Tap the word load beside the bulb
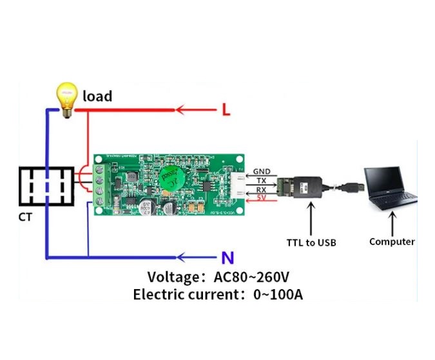[x=97, y=97]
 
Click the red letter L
[x=226, y=110]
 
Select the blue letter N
[x=227, y=259]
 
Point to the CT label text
[x=25, y=217]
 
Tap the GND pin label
[x=262, y=172]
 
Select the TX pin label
[x=262, y=181]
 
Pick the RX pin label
[x=262, y=190]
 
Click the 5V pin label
[x=262, y=198]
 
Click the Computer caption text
[x=392, y=242]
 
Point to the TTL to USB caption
[x=311, y=243]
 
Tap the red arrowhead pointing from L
[x=181, y=110]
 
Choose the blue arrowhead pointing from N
[x=182, y=258]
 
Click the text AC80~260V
[x=251, y=277]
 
